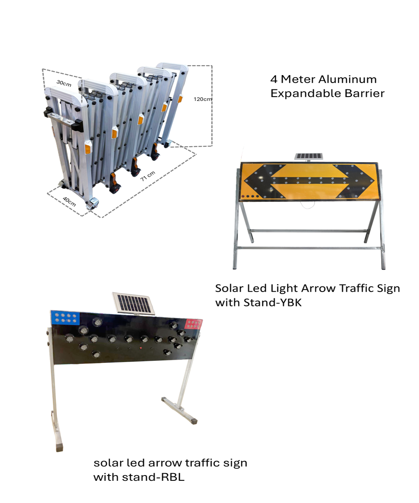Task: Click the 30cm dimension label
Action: click(x=64, y=83)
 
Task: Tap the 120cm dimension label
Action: click(x=202, y=99)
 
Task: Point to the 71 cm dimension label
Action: click(x=148, y=176)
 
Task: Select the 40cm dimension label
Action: click(x=69, y=201)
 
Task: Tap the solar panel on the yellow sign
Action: click(x=309, y=157)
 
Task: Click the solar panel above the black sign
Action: click(x=134, y=303)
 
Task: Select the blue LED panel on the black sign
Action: click(x=65, y=318)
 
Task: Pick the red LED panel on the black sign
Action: click(x=193, y=323)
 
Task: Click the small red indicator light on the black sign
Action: click(x=141, y=348)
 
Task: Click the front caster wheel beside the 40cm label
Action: click(x=92, y=204)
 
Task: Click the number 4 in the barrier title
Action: click(x=274, y=79)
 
